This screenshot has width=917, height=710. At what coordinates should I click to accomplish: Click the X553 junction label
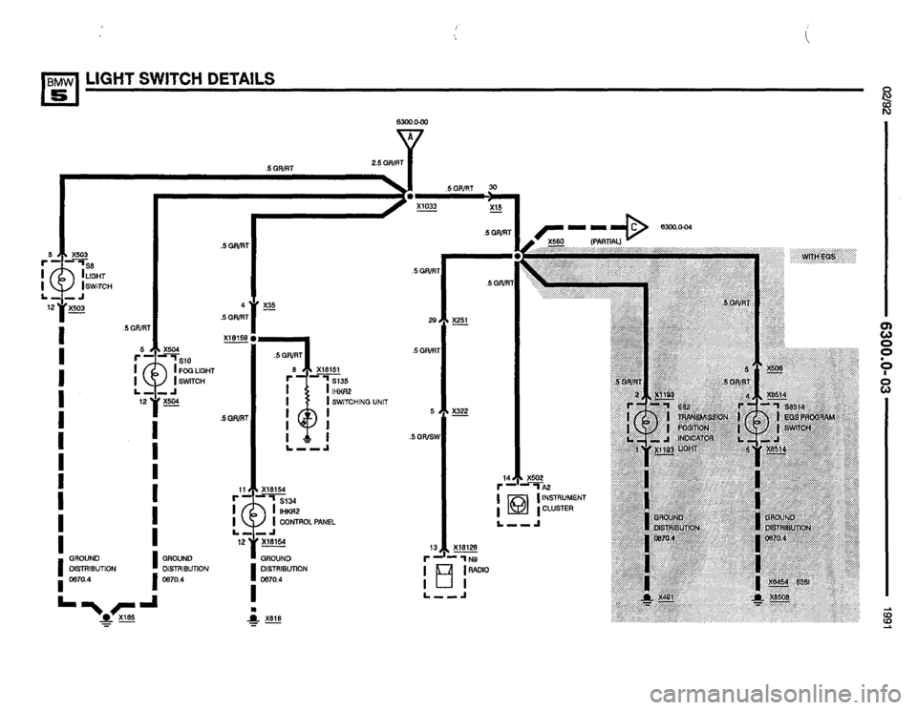(557, 242)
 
